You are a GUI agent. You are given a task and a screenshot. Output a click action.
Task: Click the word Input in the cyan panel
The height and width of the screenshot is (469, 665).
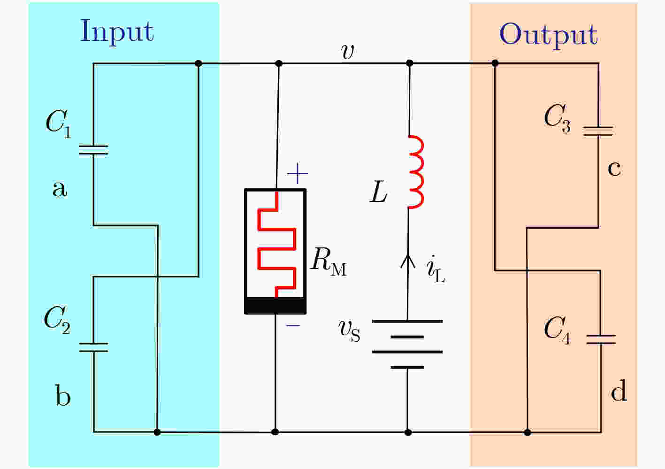tap(117, 32)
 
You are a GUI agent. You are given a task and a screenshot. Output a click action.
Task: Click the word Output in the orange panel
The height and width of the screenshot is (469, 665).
tap(548, 35)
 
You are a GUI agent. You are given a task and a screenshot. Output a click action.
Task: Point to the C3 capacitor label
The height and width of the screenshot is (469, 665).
tap(557, 118)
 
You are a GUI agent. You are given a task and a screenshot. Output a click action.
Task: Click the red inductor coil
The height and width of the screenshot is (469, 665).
tap(415, 172)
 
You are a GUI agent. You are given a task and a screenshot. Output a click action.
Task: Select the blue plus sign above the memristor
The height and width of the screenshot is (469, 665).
tap(297, 174)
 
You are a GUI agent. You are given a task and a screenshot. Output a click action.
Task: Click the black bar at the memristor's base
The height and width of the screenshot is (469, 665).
tap(275, 305)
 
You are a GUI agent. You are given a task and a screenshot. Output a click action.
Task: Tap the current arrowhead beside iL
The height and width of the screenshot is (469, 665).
tap(407, 260)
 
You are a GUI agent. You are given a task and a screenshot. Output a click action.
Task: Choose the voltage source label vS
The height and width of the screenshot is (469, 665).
tap(349, 331)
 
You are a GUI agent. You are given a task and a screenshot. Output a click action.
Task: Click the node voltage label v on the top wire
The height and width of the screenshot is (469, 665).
tap(347, 51)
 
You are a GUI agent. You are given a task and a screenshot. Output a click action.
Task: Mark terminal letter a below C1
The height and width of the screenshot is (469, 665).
tap(60, 189)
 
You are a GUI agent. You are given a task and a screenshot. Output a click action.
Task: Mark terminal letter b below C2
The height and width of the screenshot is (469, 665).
tap(63, 395)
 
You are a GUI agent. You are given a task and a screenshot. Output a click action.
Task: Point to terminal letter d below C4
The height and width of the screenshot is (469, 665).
tap(619, 391)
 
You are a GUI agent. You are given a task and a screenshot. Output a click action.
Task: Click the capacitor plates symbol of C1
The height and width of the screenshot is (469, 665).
tap(93, 150)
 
